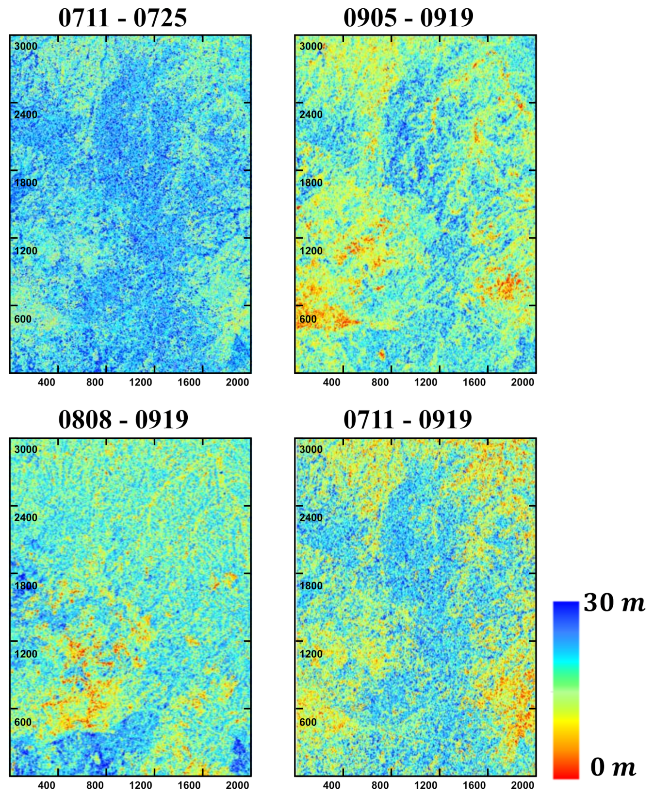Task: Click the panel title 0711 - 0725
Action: (x=122, y=18)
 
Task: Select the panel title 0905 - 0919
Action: (x=408, y=18)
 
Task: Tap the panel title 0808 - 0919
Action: (x=123, y=419)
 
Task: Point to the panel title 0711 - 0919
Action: (x=408, y=419)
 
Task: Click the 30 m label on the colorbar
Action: (x=614, y=603)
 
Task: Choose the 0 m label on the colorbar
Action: (x=613, y=767)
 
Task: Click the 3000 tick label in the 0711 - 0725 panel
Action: (x=26, y=47)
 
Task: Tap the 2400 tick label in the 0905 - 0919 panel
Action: (x=311, y=115)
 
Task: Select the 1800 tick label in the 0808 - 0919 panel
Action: (x=26, y=586)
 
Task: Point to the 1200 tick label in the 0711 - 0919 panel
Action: (x=311, y=654)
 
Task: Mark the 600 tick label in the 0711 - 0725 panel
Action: (x=23, y=319)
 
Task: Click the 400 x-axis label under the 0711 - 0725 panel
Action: (x=47, y=382)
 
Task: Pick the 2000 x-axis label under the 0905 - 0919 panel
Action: (x=523, y=382)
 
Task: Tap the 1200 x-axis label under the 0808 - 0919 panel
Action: (x=141, y=785)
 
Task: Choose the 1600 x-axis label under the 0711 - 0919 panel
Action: (x=474, y=785)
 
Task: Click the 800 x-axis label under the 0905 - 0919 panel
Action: (x=380, y=382)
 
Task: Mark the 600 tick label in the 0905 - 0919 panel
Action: (x=308, y=319)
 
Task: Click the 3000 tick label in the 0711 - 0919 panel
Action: (x=311, y=449)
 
